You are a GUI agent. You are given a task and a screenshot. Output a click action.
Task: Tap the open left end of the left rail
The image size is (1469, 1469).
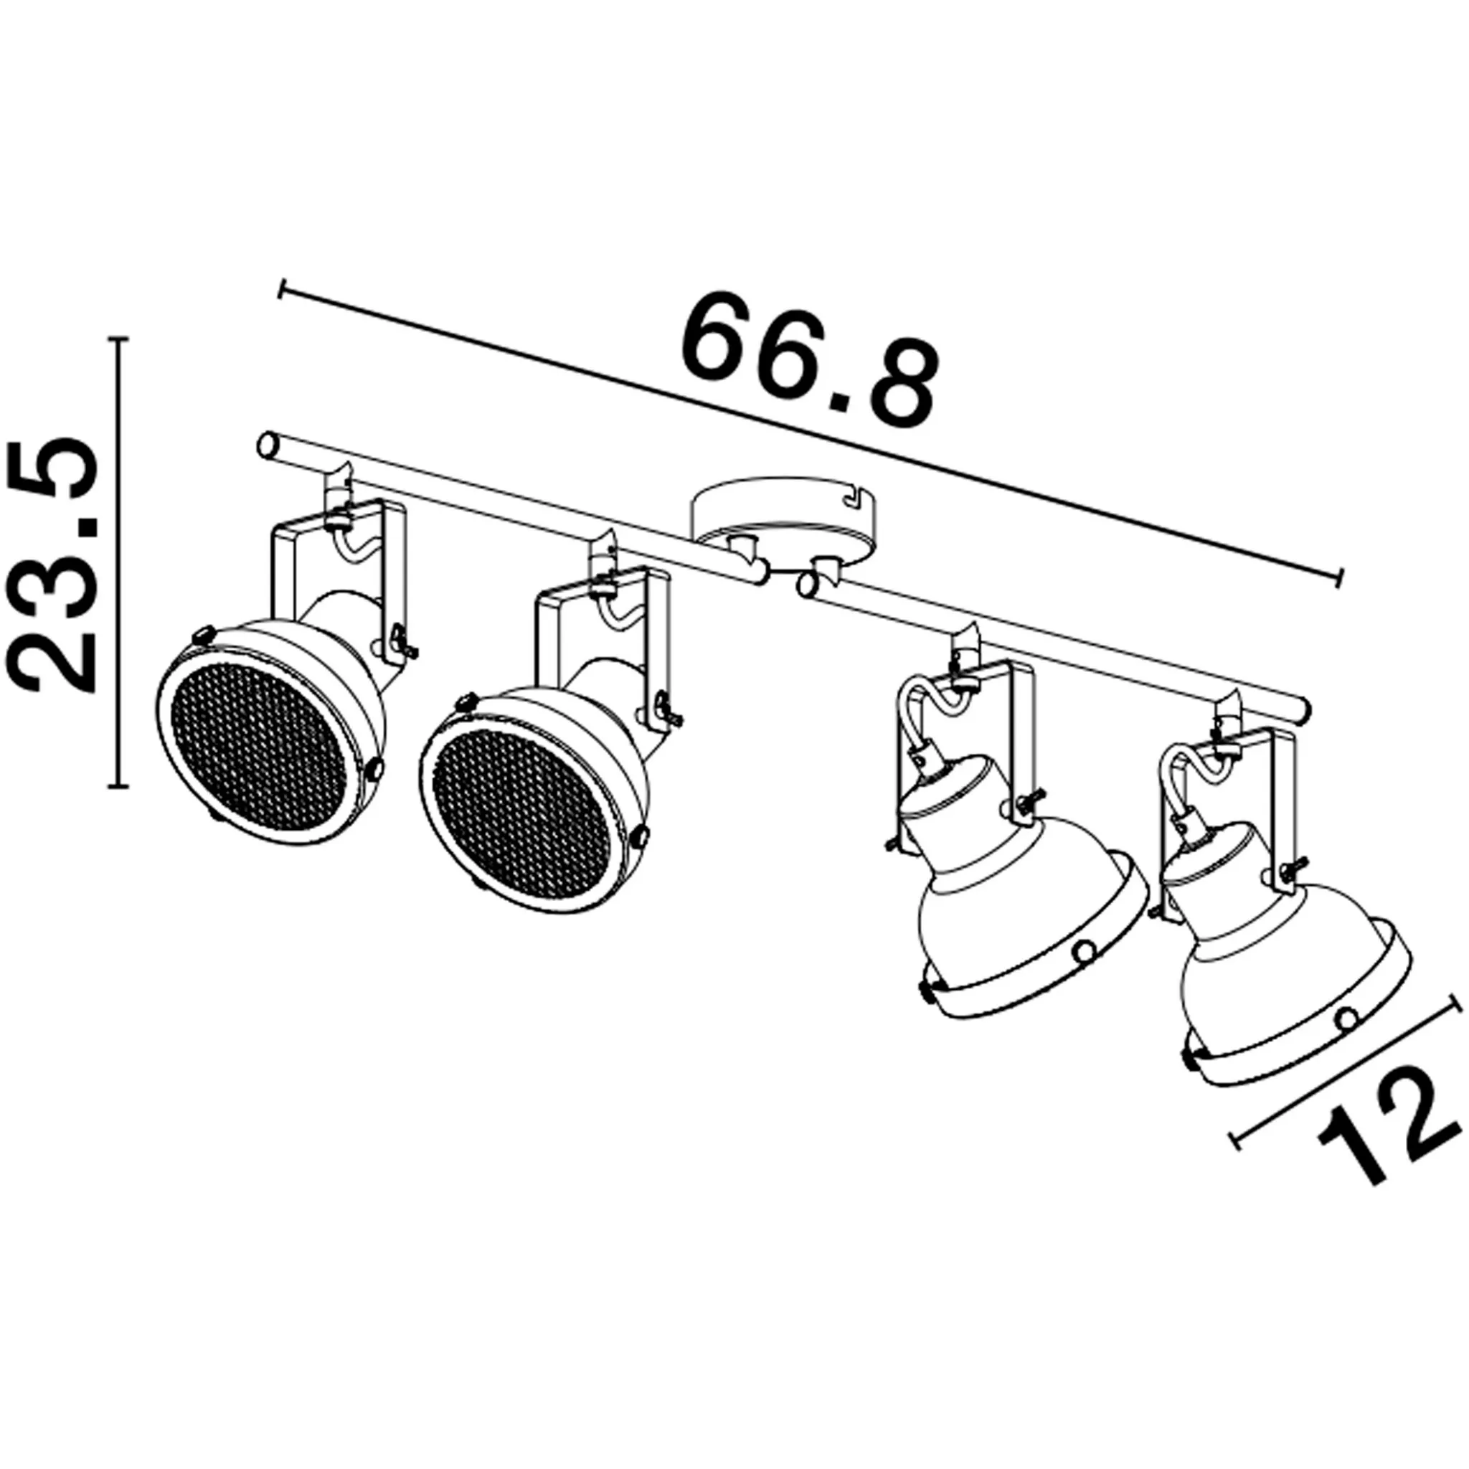267,444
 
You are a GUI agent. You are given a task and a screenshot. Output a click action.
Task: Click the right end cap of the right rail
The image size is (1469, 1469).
1302,707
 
